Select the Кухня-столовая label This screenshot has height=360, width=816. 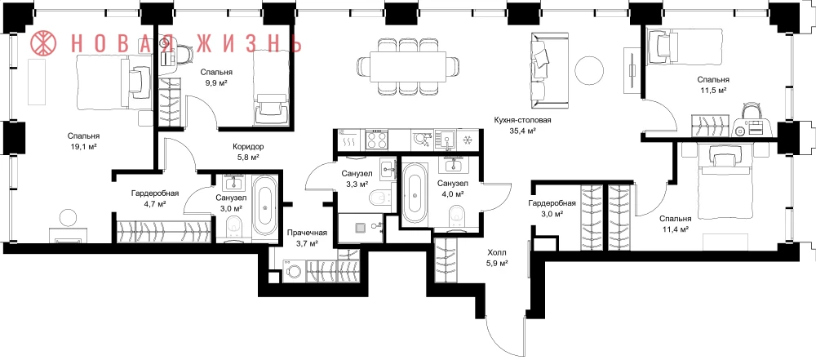click(x=522, y=120)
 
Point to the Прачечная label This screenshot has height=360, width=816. click(x=307, y=233)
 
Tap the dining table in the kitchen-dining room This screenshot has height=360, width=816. click(x=408, y=66)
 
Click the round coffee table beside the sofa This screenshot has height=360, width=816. click(x=588, y=69)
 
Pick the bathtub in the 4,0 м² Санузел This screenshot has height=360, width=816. click(x=415, y=193)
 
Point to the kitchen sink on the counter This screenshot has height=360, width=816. click(x=446, y=139)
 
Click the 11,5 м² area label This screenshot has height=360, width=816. click(x=712, y=90)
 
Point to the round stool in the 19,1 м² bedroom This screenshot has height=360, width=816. click(x=69, y=217)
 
